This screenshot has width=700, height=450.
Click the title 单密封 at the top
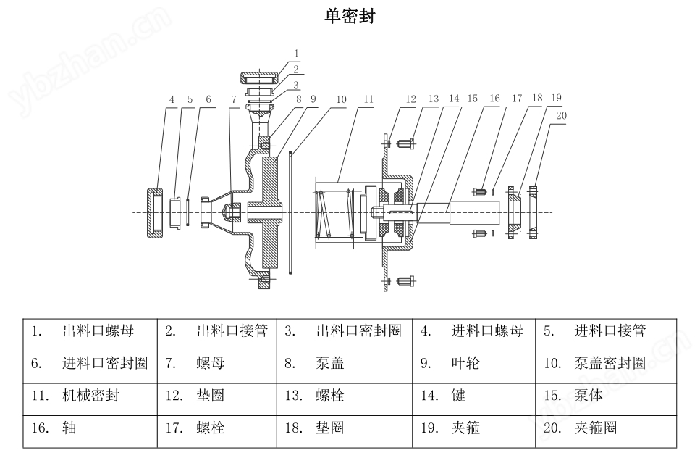[350, 16]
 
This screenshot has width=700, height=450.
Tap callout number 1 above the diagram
[297, 54]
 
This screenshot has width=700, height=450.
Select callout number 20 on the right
[562, 114]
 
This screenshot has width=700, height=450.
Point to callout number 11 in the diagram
[368, 99]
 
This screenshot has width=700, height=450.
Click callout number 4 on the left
[172, 99]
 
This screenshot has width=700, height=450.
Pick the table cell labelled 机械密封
[90, 396]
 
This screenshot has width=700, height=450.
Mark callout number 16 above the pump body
[494, 99]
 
